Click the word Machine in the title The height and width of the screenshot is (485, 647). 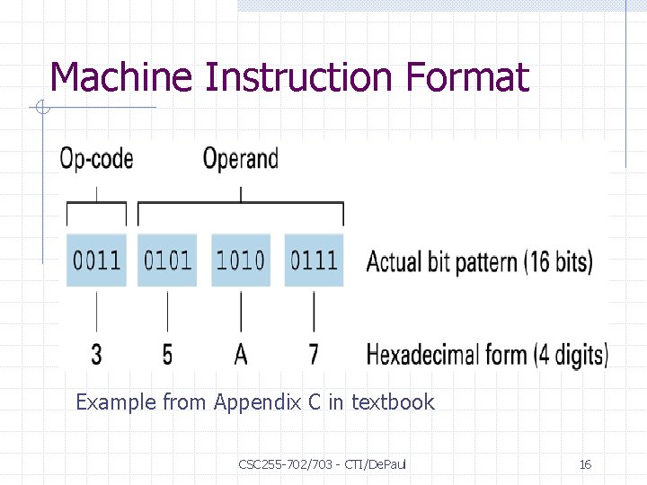(120, 77)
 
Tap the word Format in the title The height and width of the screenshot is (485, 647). (467, 77)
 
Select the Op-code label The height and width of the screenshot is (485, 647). (96, 160)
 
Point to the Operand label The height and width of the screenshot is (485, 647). (240, 160)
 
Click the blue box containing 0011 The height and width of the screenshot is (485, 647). (96, 260)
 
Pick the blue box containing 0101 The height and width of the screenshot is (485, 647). (168, 260)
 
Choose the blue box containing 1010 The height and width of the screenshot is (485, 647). (241, 260)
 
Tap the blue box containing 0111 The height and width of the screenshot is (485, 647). (314, 260)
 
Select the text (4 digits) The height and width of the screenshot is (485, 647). (571, 355)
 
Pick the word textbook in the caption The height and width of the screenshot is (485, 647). (393, 402)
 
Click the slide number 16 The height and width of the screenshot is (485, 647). (585, 464)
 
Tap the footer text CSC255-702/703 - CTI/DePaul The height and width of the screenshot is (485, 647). (323, 464)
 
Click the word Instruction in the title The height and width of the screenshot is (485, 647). (296, 77)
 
